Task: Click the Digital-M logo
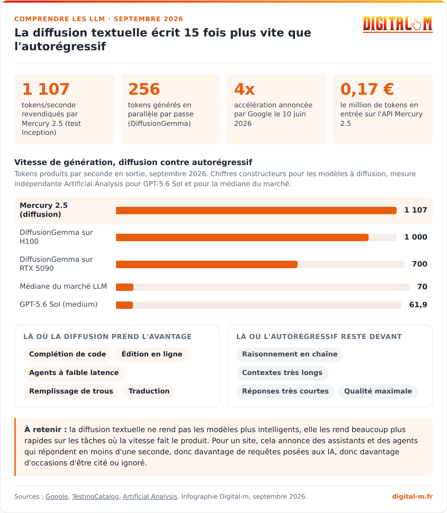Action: pos(397,24)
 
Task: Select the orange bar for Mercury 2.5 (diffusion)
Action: pos(256,210)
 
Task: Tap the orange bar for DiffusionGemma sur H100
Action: pos(242,237)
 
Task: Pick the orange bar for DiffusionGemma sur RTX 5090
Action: pos(207,264)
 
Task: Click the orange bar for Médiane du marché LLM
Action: pos(125,287)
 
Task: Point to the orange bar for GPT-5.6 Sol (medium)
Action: pos(124,305)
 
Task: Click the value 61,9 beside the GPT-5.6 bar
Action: pos(418,305)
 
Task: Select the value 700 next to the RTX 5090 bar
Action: pos(420,264)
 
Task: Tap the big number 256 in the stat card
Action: pos(144,89)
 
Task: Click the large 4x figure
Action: pos(244,89)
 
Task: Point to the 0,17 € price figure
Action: pos(367,89)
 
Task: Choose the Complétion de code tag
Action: pos(68,354)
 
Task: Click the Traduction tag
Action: pos(149,391)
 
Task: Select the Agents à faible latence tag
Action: pos(74,373)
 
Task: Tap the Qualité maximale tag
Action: pos(378,391)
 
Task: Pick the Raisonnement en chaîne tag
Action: pos(290,354)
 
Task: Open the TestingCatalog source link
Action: pos(95,497)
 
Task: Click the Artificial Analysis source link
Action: pos(150,497)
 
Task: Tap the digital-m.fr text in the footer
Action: pos(412,497)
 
